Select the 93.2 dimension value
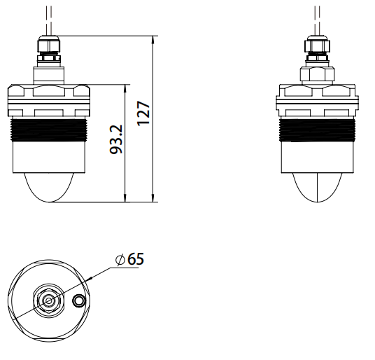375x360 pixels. [x=117, y=139]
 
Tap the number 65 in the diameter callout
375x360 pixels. [x=136, y=258]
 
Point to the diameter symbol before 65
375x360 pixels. [x=120, y=259]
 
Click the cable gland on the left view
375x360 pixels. [x=49, y=50]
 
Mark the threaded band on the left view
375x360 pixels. [x=49, y=130]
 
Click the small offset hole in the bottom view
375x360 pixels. [x=79, y=300]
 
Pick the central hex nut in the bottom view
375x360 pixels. [x=49, y=300]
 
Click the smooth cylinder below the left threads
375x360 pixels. [x=49, y=158]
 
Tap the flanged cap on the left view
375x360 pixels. [x=49, y=98]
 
